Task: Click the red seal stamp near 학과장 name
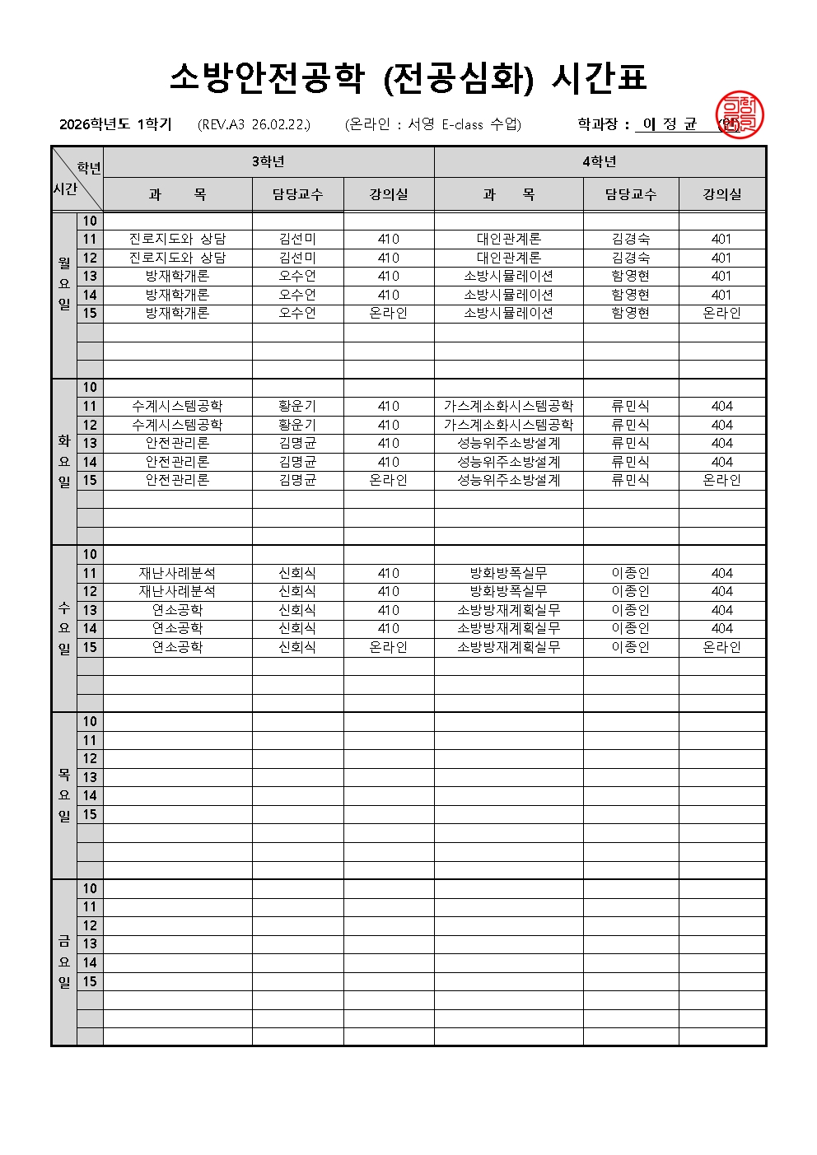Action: click(x=739, y=115)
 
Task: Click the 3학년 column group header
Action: click(x=268, y=161)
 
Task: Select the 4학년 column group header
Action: click(x=600, y=161)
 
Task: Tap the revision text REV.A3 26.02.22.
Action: click(x=254, y=124)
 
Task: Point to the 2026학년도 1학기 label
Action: click(x=115, y=124)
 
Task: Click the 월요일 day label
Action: click(x=64, y=283)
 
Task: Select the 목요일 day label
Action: click(x=64, y=795)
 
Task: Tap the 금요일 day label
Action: click(x=64, y=962)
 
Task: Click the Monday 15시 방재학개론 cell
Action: click(x=177, y=313)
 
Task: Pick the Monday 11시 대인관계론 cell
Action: click(x=508, y=239)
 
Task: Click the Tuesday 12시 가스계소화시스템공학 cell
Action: click(x=508, y=425)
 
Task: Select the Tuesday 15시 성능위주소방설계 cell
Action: click(x=508, y=480)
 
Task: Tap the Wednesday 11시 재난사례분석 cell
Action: click(x=177, y=573)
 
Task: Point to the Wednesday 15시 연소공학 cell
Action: click(x=177, y=647)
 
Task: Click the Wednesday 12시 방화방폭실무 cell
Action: click(x=508, y=591)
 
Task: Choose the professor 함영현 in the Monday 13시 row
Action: click(x=630, y=276)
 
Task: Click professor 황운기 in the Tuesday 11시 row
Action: click(x=297, y=406)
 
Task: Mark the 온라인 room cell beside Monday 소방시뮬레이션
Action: click(x=721, y=313)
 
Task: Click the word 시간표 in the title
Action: click(x=598, y=77)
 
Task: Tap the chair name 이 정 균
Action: click(x=670, y=124)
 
